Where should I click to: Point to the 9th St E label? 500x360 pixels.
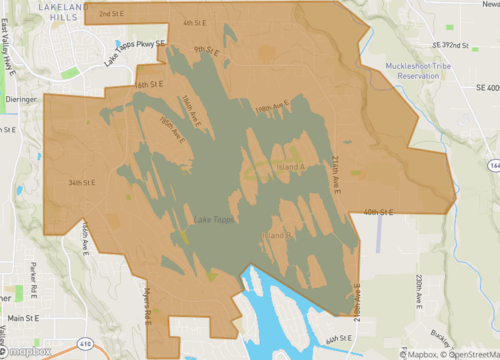click(x=206, y=49)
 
